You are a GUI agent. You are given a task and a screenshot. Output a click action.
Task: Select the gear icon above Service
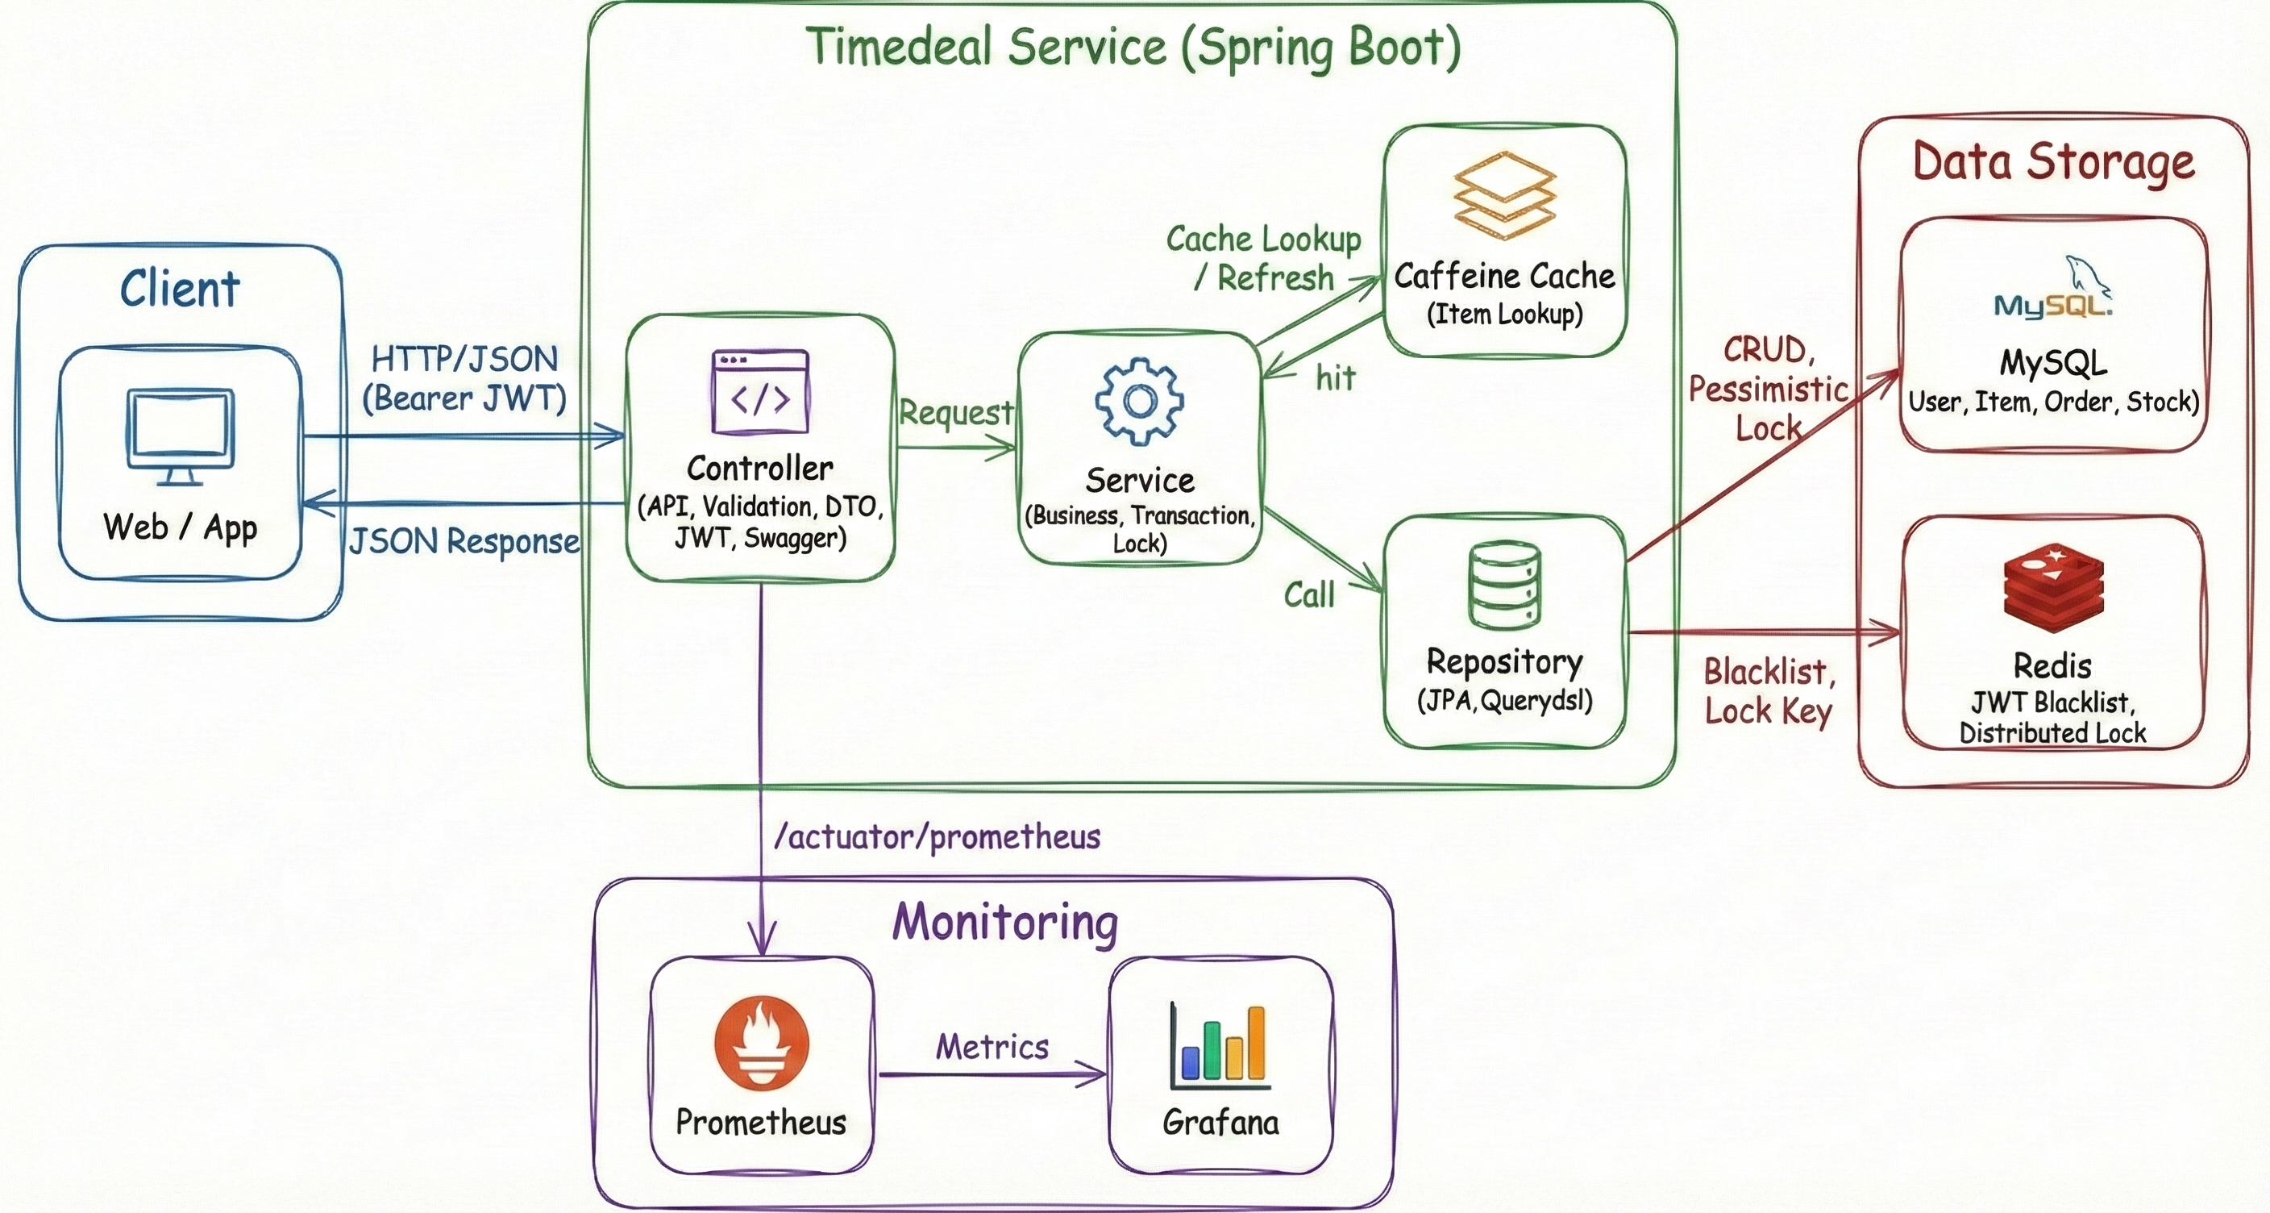1138,401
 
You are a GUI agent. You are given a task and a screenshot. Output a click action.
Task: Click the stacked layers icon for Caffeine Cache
1504,196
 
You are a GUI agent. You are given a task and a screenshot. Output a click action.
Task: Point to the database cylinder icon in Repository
1504,585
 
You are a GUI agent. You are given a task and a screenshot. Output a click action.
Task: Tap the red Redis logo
2053,587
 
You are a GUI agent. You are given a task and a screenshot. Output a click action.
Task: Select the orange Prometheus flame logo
761,1044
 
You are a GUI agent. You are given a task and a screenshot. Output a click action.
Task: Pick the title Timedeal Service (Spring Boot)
1133,47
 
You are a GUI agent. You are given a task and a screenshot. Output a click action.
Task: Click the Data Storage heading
2053,162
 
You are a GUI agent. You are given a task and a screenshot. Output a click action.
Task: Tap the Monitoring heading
1004,922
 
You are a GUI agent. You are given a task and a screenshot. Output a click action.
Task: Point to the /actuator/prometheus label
937,836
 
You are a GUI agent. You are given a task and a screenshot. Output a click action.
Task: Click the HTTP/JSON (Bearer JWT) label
464,379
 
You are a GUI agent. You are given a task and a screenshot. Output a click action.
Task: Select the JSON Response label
464,541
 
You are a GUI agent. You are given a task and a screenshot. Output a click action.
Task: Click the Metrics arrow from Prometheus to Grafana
992,1073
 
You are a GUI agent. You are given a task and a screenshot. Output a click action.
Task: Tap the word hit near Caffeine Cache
1335,378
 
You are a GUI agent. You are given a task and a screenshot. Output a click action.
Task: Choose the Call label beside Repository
1308,595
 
